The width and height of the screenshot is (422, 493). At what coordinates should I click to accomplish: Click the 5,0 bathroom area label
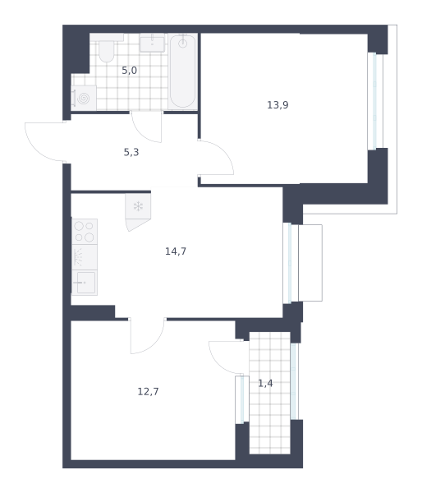click(x=129, y=71)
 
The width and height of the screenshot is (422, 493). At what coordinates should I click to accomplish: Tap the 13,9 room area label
click(x=278, y=104)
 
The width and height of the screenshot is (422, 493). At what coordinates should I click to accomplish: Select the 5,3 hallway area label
click(x=131, y=152)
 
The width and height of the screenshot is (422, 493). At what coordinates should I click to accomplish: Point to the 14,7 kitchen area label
click(x=176, y=251)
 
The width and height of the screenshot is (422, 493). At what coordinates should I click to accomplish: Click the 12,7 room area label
click(x=148, y=391)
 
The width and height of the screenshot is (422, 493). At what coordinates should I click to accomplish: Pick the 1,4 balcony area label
click(x=265, y=383)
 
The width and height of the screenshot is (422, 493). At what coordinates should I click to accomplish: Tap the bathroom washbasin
click(x=152, y=43)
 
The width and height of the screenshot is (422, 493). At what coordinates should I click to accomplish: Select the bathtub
click(x=182, y=71)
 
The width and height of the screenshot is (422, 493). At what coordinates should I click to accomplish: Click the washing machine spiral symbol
click(x=83, y=98)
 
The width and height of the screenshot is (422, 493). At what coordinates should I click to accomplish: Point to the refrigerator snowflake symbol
click(x=138, y=206)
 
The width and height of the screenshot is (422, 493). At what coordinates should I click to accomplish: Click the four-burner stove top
click(x=85, y=232)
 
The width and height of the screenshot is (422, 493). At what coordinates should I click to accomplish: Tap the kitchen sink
click(x=85, y=283)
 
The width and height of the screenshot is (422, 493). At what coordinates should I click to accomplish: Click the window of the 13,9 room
click(x=375, y=101)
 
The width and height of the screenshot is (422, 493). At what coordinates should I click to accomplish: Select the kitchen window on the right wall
click(x=291, y=263)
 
